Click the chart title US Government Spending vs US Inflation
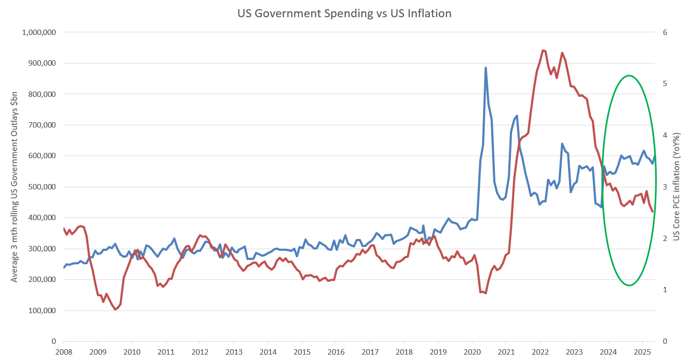(344, 13)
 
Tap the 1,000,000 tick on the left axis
(38, 32)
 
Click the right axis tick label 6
(665, 32)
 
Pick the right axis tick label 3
(665, 187)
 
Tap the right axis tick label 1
(665, 290)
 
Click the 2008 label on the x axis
(63, 351)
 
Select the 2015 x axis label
(302, 351)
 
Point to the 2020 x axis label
(472, 351)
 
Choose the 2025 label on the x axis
(642, 351)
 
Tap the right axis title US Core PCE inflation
(676, 187)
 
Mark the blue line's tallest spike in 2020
(486, 68)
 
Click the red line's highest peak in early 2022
(543, 51)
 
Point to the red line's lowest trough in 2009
(115, 309)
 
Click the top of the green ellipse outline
(628, 76)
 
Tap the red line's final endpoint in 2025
(653, 211)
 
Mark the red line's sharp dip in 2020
(485, 293)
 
